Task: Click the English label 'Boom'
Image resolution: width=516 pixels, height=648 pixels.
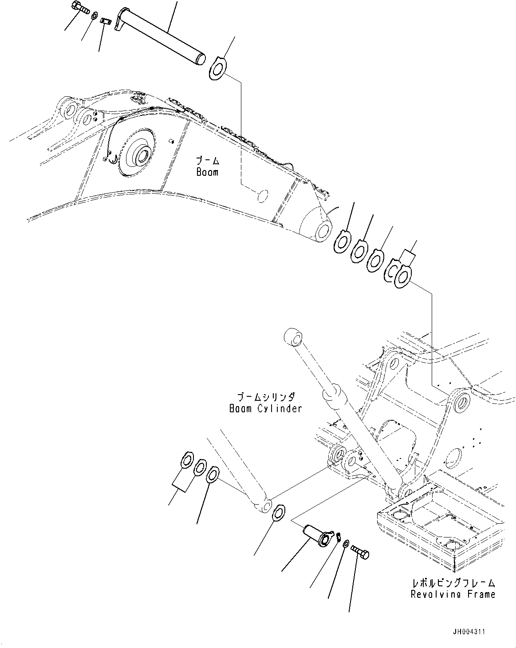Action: click(207, 172)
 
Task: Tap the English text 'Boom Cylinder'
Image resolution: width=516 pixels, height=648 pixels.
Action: click(265, 408)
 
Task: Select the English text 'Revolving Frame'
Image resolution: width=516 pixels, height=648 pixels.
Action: click(453, 594)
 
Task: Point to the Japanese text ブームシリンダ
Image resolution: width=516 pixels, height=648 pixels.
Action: click(265, 397)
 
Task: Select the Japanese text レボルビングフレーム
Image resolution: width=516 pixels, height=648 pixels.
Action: click(453, 583)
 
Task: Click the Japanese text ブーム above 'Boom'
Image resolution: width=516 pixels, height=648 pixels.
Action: click(208, 161)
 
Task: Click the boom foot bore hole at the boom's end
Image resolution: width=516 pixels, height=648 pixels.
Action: click(323, 229)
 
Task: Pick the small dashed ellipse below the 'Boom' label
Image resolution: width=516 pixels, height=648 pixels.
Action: click(263, 196)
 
